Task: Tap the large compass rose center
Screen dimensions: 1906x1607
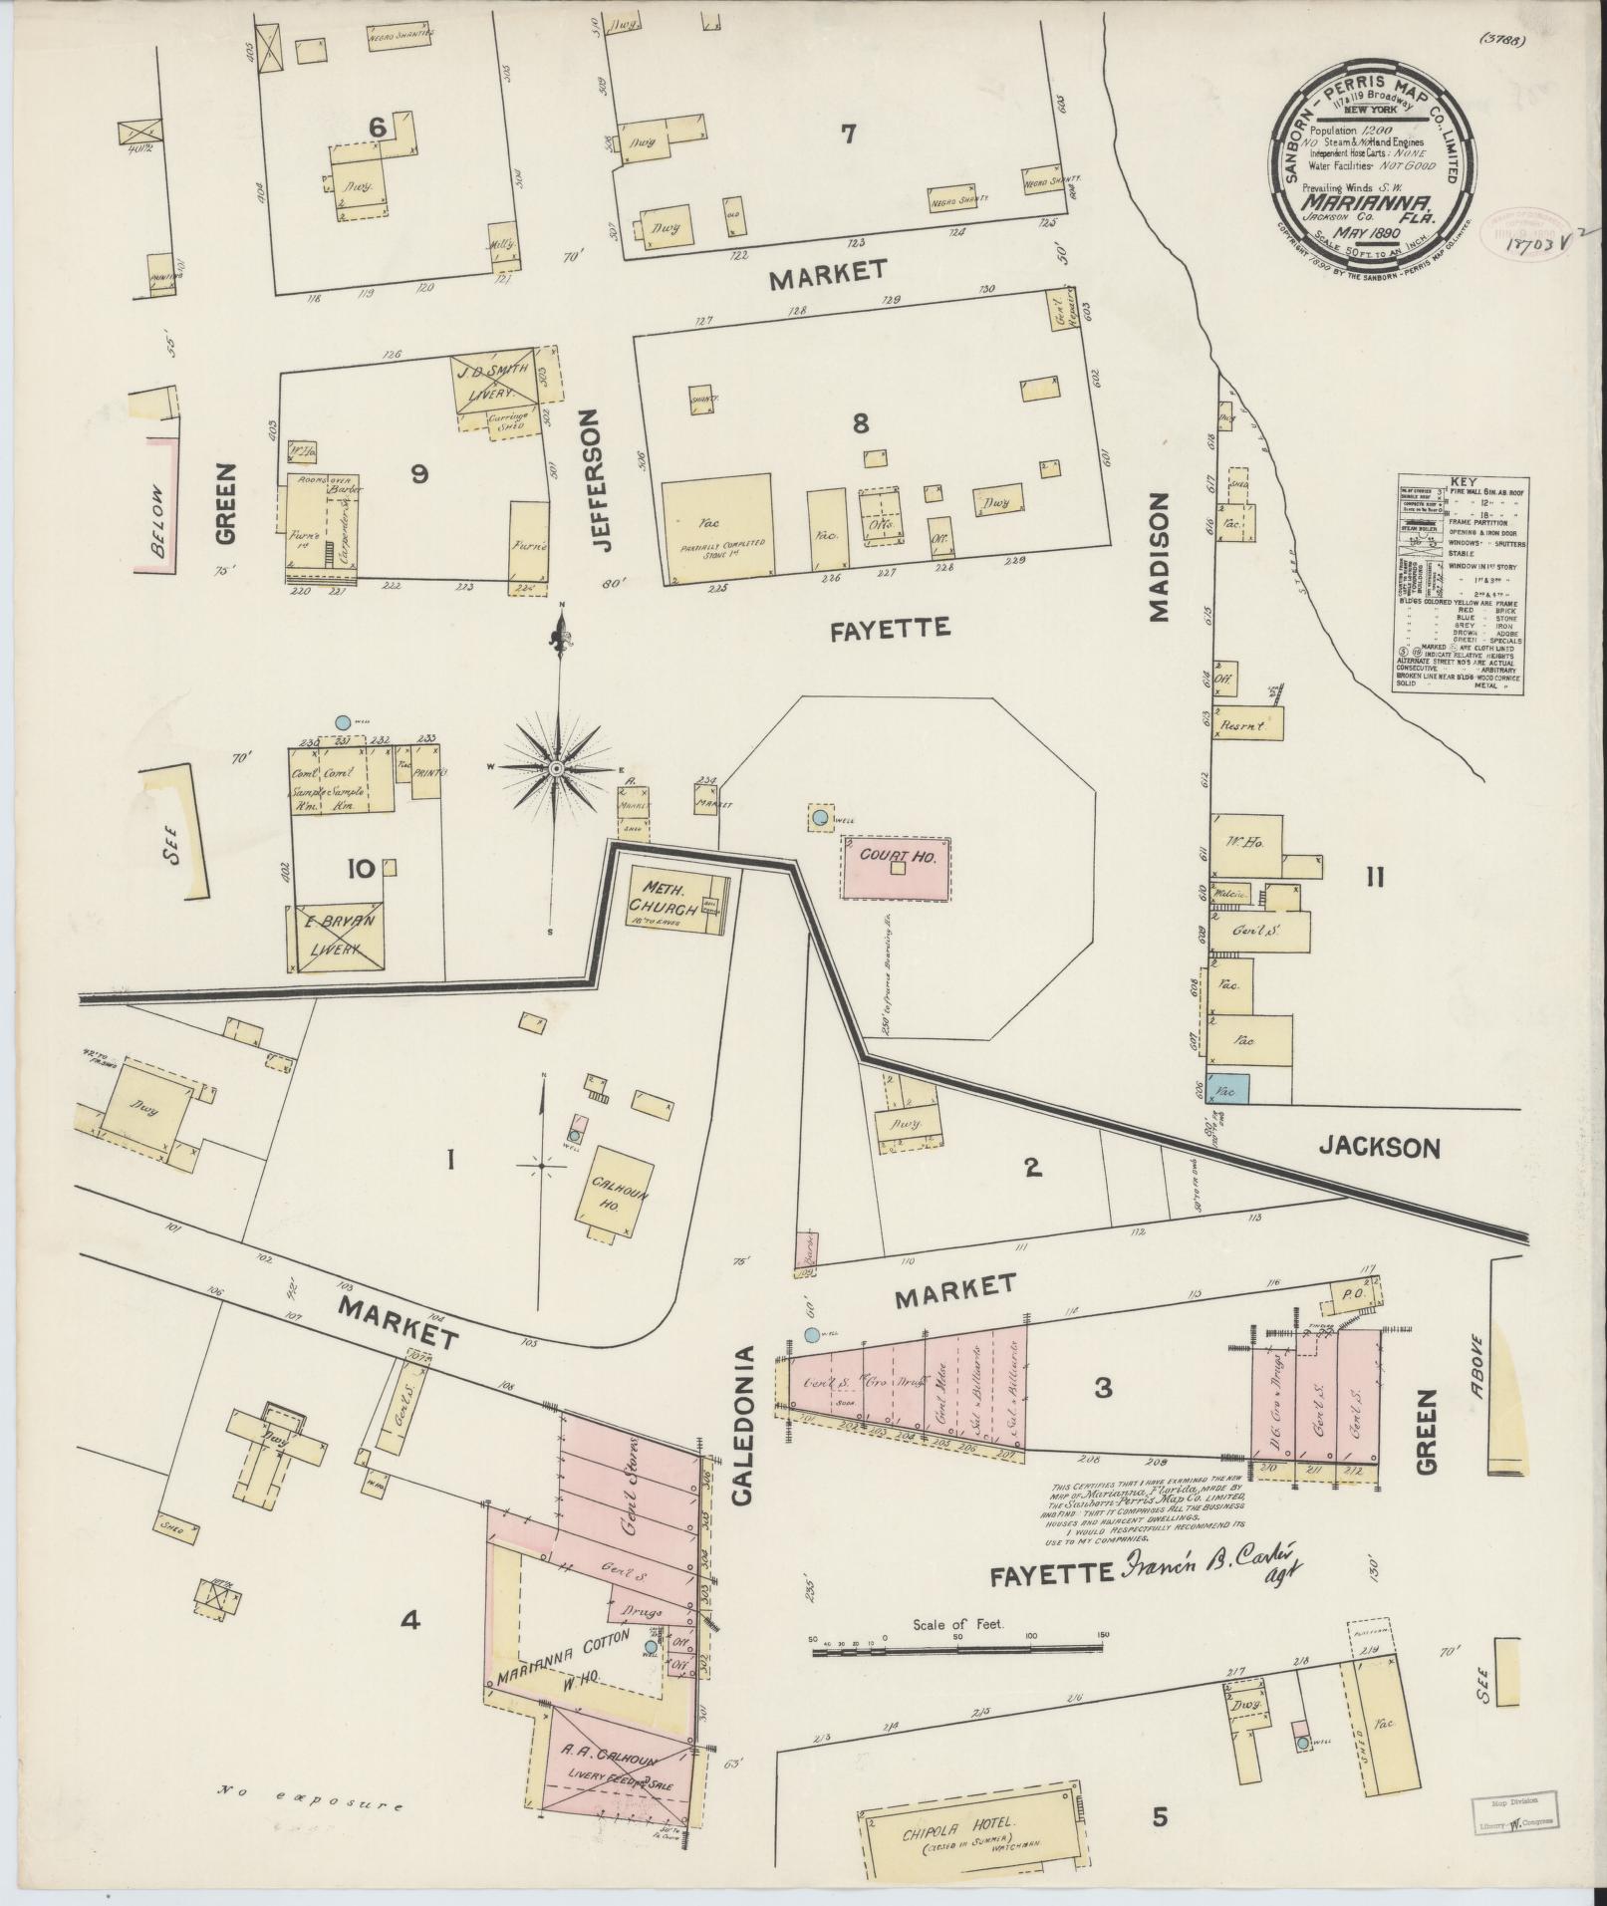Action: point(559,769)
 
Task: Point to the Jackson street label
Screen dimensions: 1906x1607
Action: point(1379,1148)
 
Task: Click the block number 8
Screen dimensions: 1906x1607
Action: point(860,423)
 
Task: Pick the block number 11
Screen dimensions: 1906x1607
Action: point(1375,878)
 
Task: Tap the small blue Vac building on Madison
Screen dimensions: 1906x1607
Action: point(1228,1089)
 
